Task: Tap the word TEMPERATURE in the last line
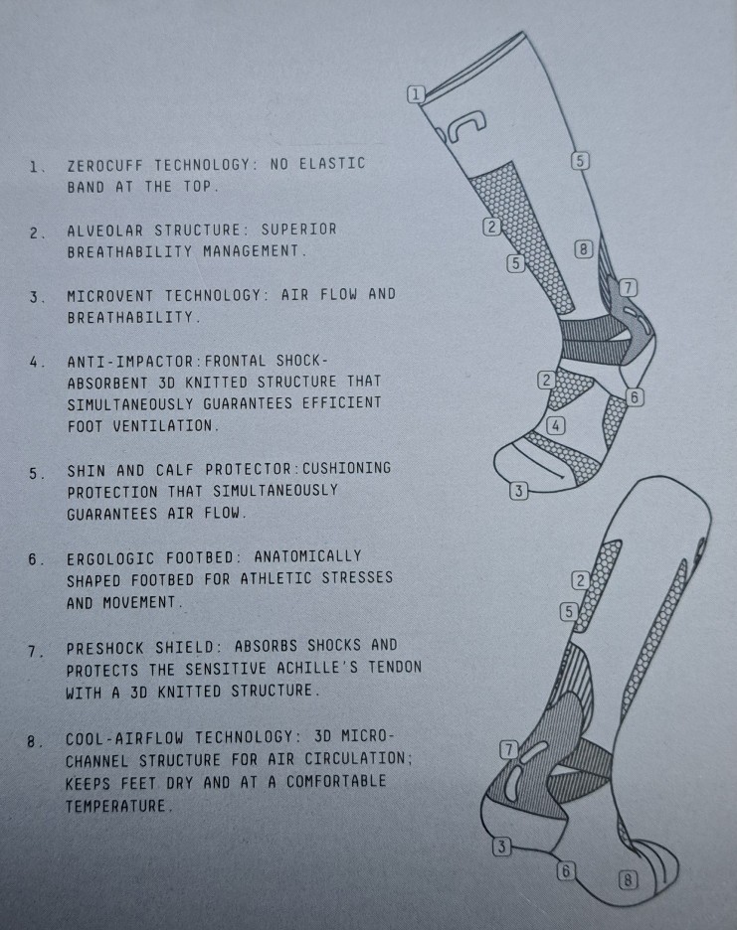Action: coord(118,806)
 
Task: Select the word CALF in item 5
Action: coord(175,470)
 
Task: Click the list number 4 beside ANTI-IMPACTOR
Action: coord(36,362)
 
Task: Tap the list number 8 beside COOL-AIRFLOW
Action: coord(34,741)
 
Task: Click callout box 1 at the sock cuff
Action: coord(416,93)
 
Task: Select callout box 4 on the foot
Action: coord(555,425)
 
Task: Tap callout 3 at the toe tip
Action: coord(518,491)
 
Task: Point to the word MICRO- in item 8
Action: coord(367,736)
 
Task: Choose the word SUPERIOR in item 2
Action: coord(298,229)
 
